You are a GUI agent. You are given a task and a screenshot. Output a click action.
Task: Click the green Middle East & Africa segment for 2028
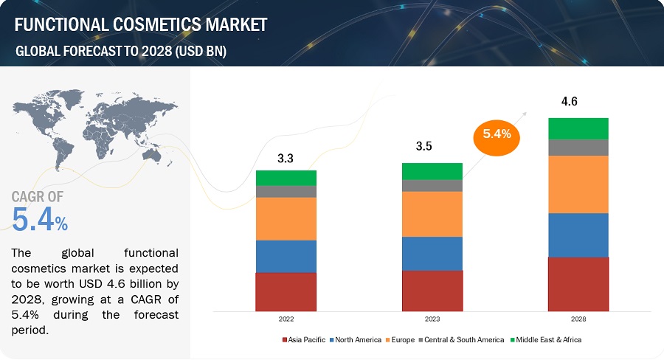pyautogui.click(x=578, y=128)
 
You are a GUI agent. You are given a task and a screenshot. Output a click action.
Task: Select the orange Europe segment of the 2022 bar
pyautogui.click(x=286, y=218)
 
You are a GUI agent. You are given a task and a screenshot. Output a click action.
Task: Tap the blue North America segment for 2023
pyautogui.click(x=432, y=253)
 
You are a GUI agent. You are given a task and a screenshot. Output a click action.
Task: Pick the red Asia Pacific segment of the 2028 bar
pyautogui.click(x=578, y=283)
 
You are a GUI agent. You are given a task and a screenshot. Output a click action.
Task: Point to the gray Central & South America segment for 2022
pyautogui.click(x=286, y=191)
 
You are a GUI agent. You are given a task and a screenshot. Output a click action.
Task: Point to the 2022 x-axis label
pyautogui.click(x=286, y=319)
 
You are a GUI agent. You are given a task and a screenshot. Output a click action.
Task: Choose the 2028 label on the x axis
pyautogui.click(x=578, y=319)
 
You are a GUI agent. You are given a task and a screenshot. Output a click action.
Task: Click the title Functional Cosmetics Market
pyautogui.click(x=140, y=25)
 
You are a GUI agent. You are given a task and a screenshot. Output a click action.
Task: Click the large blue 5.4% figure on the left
pyautogui.click(x=41, y=219)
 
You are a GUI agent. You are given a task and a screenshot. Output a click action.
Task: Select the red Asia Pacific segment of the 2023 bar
pyautogui.click(x=432, y=290)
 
